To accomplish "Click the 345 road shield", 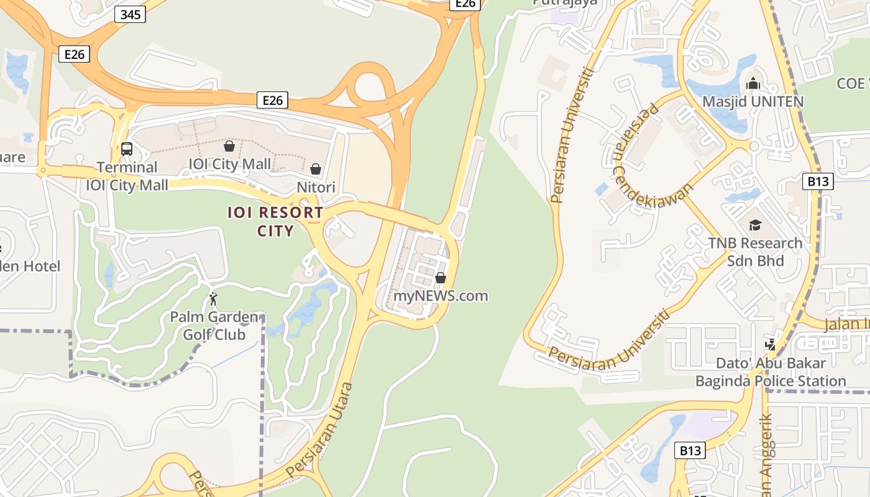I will point(130,15).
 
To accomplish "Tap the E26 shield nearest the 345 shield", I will point(74,54).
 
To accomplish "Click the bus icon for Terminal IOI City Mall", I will point(127,149).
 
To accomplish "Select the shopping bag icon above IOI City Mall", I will point(229,146).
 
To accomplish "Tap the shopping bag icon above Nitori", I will point(316,169).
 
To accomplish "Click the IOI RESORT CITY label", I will point(275,222).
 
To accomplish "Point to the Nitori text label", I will point(316,187).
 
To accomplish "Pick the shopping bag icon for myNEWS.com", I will point(441,278).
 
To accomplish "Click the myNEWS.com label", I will point(441,296).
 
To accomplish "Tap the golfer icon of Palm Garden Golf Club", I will point(213,299).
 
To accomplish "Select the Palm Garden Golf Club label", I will point(214,326).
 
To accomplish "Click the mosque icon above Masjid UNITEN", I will point(753,83).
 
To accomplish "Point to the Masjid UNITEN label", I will point(753,101).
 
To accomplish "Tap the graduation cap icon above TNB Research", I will point(755,225).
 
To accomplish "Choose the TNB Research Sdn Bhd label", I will point(755,252).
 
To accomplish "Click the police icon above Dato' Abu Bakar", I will point(771,344).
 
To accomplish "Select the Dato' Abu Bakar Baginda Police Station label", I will point(771,372).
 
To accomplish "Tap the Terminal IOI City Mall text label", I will point(127,176).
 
